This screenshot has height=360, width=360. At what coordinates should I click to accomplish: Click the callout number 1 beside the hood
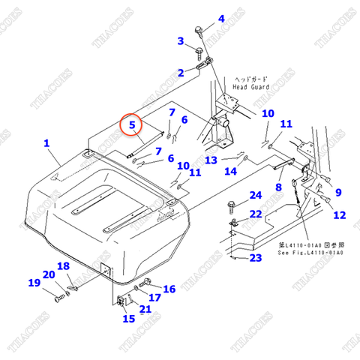(46, 142)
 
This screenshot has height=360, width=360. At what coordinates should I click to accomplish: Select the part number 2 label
(181, 73)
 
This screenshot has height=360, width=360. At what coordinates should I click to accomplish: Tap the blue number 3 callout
(181, 40)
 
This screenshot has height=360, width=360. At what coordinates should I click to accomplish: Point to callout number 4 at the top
(220, 19)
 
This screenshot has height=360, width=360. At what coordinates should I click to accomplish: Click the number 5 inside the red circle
(132, 124)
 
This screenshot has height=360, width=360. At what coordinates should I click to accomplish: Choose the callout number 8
(278, 187)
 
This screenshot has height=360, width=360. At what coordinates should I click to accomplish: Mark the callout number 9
(337, 192)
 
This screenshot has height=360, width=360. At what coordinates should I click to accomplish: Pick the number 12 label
(339, 214)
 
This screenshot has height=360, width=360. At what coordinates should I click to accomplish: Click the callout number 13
(211, 160)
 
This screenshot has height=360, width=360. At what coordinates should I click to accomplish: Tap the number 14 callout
(230, 171)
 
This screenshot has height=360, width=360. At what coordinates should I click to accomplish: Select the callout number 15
(129, 319)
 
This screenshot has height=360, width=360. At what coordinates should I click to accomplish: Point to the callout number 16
(169, 289)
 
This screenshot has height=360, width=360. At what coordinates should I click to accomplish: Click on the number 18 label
(64, 266)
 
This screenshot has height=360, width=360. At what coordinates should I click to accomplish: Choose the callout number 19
(34, 283)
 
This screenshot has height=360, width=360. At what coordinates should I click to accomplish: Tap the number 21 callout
(145, 309)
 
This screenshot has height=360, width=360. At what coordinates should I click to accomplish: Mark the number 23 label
(256, 258)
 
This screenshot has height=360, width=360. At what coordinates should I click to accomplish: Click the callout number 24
(256, 195)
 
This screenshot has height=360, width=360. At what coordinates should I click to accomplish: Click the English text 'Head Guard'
(250, 86)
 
